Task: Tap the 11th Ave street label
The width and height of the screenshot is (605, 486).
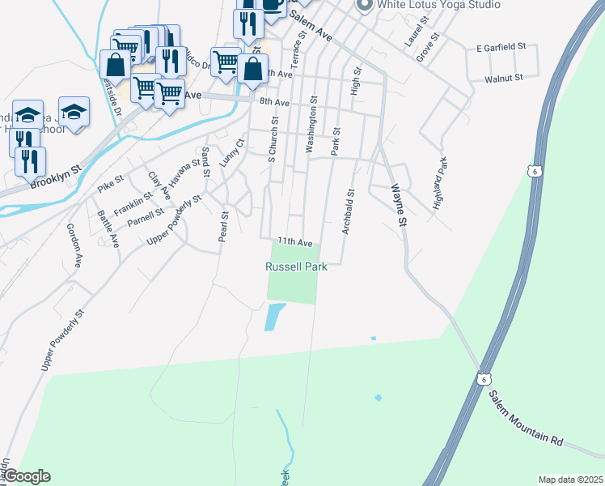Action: pos(294,241)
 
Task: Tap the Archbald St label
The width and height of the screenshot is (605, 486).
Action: pos(348,212)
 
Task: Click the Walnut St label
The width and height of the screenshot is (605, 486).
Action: pos(504,79)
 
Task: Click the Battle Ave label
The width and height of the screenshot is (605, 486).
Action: pos(108,229)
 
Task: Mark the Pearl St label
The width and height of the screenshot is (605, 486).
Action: pos(224,227)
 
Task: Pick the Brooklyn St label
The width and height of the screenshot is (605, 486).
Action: pos(56,179)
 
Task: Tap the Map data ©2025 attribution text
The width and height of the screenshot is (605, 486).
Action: pos(569,480)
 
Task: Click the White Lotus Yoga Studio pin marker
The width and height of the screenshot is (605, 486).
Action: pos(364,5)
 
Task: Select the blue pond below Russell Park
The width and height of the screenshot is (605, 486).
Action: pos(274,316)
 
